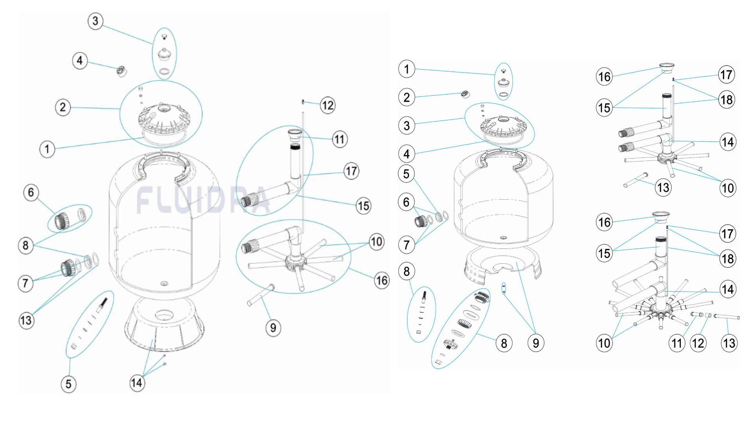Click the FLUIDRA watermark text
tap(203, 200)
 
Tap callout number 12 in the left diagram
tap(328, 105)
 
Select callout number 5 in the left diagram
tap(68, 384)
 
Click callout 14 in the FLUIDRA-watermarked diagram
tap(137, 383)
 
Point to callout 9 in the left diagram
tap(273, 327)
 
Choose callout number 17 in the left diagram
tap(352, 171)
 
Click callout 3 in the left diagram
tap(95, 21)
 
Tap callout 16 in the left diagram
tap(382, 281)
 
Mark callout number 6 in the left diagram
tap(31, 192)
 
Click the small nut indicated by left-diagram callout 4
tap(122, 72)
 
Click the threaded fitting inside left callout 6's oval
tap(62, 221)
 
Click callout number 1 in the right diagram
tap(407, 69)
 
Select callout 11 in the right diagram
tap(677, 343)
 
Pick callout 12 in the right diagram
tap(698, 343)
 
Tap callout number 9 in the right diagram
tap(536, 343)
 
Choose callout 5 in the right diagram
tap(407, 174)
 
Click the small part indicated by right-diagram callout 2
tap(465, 94)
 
